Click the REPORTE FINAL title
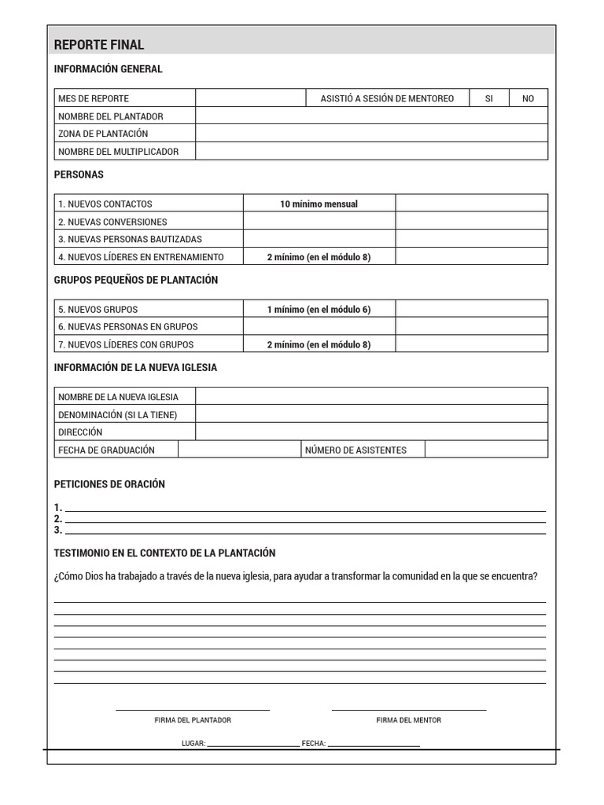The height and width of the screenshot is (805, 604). coord(99,45)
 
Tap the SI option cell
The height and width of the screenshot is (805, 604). coord(489,98)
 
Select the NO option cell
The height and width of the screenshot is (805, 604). coord(528,98)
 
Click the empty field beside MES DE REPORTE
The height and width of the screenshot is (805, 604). coord(250,98)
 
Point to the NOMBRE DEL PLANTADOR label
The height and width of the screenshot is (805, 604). coord(111,116)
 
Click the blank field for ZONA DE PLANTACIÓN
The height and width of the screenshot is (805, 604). coord(371,134)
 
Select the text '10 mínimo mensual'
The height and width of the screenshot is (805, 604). coord(319,204)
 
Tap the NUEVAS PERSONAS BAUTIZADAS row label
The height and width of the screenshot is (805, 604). coord(130,239)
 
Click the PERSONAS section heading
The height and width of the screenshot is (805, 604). coord(79,175)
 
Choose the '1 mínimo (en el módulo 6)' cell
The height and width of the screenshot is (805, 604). coord(319,310)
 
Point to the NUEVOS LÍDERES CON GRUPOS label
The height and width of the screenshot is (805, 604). coord(126,344)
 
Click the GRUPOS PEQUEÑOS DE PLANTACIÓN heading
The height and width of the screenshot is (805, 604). coord(136,280)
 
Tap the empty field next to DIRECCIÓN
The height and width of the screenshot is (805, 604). coord(371,432)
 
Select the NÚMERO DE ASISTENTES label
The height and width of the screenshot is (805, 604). coord(355,450)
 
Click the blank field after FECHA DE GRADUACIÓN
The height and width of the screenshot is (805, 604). coord(240,450)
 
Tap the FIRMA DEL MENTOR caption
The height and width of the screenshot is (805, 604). coord(408,720)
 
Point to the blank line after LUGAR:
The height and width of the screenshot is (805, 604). coord(252,744)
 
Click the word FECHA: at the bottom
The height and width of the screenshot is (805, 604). coord(314,743)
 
